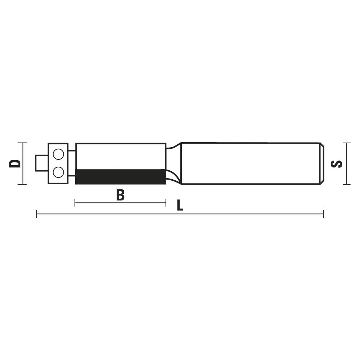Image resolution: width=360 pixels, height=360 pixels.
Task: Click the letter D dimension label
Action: tap(15, 163)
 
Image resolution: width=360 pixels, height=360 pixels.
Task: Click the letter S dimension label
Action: tap(336, 164)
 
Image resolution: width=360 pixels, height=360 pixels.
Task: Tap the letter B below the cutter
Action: tap(120, 195)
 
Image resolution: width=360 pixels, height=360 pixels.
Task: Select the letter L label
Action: tap(180, 205)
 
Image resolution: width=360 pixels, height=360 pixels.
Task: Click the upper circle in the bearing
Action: tap(58, 154)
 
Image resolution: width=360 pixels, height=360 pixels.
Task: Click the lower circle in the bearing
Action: tap(58, 172)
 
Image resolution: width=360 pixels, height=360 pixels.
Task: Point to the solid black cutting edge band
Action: tap(121, 177)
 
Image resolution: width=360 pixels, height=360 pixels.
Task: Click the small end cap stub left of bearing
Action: tap(41, 163)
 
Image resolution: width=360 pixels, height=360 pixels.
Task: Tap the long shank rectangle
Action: tap(251, 163)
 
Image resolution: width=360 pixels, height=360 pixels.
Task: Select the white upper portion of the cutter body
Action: tap(121, 156)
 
